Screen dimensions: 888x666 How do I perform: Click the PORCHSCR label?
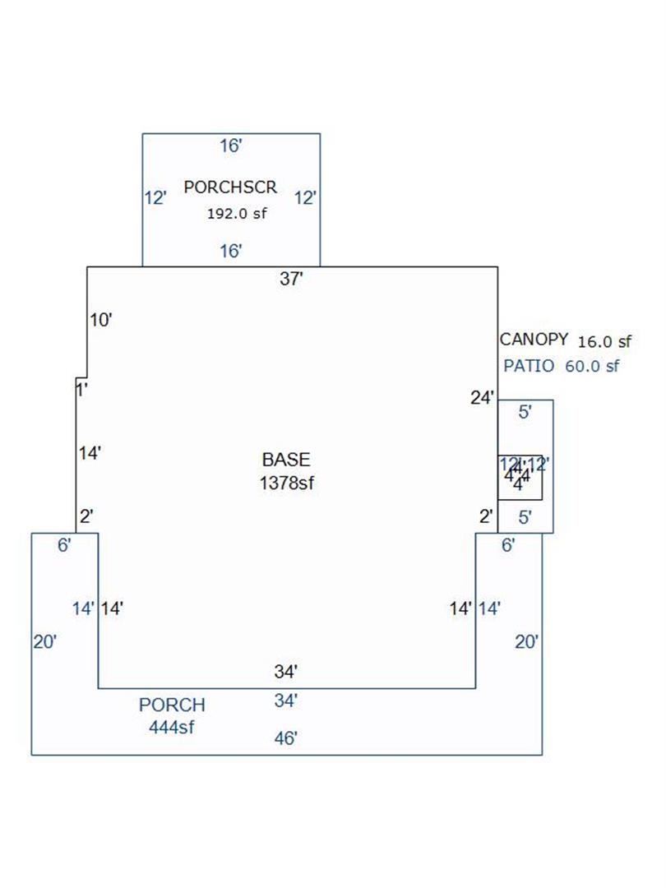tap(230, 187)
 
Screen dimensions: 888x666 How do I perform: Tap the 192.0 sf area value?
tap(237, 213)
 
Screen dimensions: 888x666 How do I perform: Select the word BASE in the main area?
tap(286, 460)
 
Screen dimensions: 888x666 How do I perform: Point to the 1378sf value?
tap(286, 483)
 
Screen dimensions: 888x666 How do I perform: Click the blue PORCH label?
tap(172, 705)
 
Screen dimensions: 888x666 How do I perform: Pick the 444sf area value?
tap(172, 727)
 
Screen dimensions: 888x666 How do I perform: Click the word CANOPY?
tap(534, 340)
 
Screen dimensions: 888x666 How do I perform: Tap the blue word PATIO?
tap(529, 367)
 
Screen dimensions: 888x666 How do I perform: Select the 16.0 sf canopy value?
tap(605, 341)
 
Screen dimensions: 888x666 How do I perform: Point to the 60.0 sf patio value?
tap(592, 367)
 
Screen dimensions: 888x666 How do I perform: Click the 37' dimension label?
tap(292, 279)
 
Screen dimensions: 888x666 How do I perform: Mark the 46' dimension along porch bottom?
tap(285, 738)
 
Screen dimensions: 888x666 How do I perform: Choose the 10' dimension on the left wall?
tap(100, 320)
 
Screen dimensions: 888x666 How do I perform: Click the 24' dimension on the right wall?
tap(482, 399)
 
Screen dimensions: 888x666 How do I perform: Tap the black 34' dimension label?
tap(285, 672)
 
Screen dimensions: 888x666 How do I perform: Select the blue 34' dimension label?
tap(285, 701)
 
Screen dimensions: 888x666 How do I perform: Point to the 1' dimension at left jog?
tap(82, 390)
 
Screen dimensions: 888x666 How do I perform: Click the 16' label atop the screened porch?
tap(231, 146)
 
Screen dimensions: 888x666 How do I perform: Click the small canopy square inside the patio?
tap(520, 478)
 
